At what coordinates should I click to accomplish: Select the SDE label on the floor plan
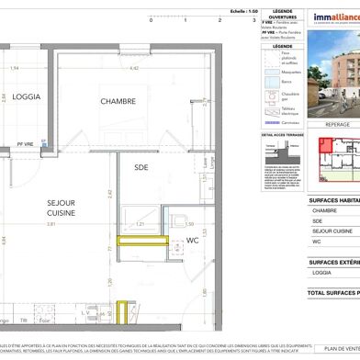pos(141,167)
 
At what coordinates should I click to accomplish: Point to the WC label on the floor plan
pos(193,241)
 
